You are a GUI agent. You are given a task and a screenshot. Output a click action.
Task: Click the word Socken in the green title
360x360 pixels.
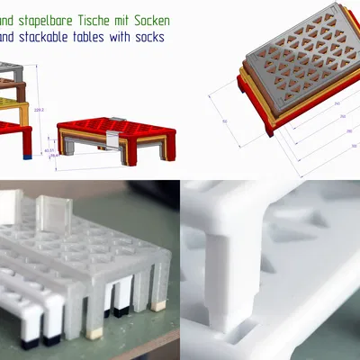point(147,19)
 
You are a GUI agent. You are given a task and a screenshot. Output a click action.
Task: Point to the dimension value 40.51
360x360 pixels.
point(48,150)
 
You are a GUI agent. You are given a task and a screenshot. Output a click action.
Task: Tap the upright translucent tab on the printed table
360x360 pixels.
point(55,216)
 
